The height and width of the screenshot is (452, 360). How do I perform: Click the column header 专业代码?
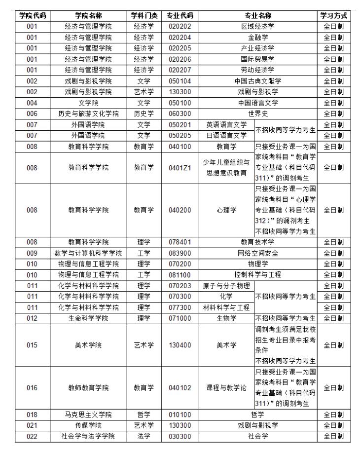pyautogui.click(x=180, y=15)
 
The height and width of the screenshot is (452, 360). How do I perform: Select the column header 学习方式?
pyautogui.click(x=333, y=15)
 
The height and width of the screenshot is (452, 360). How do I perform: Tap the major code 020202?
pyautogui.click(x=180, y=26)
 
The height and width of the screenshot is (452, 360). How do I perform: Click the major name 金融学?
pyautogui.click(x=257, y=37)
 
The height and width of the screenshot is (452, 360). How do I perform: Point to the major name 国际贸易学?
pyautogui.click(x=257, y=59)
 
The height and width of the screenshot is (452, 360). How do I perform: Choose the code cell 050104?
pyautogui.click(x=180, y=81)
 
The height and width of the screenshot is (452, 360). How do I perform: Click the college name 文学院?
pyautogui.click(x=88, y=103)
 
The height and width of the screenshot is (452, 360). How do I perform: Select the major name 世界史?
pyautogui.click(x=257, y=113)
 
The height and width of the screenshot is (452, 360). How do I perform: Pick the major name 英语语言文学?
pyautogui.click(x=226, y=125)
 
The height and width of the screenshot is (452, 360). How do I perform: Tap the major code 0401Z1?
pyautogui.click(x=180, y=168)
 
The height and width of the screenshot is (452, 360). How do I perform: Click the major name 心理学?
pyautogui.click(x=226, y=210)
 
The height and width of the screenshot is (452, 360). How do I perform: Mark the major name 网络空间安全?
pyautogui.click(x=257, y=253)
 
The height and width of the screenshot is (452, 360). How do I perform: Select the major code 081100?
pyautogui.click(x=180, y=274)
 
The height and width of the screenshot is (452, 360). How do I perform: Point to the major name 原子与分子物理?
pyautogui.click(x=226, y=286)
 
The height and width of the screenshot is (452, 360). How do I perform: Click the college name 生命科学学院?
pyautogui.click(x=88, y=318)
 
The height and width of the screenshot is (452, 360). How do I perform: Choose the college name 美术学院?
pyautogui.click(x=88, y=345)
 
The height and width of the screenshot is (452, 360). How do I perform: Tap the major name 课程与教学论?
pyautogui.click(x=226, y=388)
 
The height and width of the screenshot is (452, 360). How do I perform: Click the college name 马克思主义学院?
pyautogui.click(x=88, y=414)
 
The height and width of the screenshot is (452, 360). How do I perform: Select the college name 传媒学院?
pyautogui.click(x=88, y=425)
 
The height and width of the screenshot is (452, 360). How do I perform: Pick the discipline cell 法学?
pyautogui.click(x=144, y=436)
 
